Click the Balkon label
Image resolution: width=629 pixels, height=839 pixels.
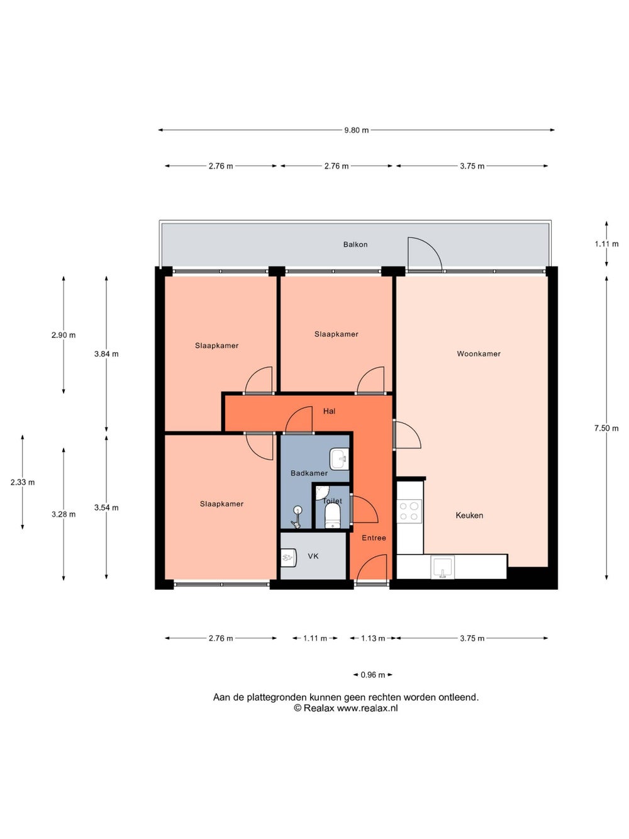coord(355,245)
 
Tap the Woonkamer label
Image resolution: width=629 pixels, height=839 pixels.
coord(479,354)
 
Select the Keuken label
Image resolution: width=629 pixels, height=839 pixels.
coord(469,515)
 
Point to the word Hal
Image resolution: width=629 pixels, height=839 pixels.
coord(329,411)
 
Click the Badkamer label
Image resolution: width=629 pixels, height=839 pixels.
coord(309,473)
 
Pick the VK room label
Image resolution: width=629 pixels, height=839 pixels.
coord(313,556)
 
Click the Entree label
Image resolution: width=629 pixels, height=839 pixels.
coord(374,538)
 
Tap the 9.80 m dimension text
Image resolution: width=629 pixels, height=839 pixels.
coord(357,130)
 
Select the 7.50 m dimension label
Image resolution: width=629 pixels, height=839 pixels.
coord(606,429)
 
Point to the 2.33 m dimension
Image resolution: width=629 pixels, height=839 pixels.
coord(23,482)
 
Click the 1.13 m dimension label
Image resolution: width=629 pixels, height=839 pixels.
coord(373,638)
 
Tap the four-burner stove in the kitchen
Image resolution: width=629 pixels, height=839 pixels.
coord(409,512)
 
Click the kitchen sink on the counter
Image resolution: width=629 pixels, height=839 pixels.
coord(443,567)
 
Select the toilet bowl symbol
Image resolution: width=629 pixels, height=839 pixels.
coord(332,516)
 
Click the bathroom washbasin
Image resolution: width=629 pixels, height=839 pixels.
coord(339,459)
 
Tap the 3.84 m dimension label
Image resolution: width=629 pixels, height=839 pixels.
coord(106,354)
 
